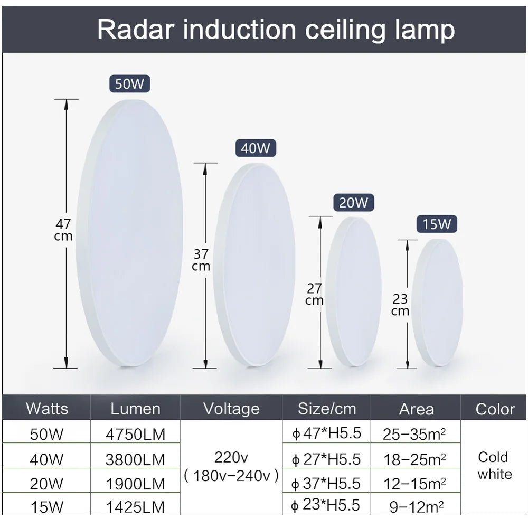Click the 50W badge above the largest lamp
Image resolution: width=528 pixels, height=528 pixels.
[130, 84]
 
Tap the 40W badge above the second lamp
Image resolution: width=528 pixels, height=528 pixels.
[256, 148]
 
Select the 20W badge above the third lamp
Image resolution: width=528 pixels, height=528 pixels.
[353, 203]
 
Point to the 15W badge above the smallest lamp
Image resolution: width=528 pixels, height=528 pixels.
[437, 224]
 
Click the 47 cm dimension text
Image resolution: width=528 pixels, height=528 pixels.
[63, 230]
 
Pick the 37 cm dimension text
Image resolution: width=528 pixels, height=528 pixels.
[201, 260]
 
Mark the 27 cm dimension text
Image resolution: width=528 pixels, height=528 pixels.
[314, 295]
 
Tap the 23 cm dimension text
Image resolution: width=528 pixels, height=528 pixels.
[400, 305]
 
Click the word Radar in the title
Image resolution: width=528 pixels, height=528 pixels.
[136, 30]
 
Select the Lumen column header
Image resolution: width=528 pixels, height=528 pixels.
[135, 408]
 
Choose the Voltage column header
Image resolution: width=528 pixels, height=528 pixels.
[231, 408]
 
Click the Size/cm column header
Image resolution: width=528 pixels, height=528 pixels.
[327, 408]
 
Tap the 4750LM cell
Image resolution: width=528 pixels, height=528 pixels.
[135, 435]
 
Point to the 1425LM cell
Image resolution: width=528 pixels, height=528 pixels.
[135, 507]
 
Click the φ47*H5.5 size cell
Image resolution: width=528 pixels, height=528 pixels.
[327, 434]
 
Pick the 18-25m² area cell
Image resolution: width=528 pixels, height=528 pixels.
[415, 459]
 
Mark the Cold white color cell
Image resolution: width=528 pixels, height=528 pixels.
[494, 465]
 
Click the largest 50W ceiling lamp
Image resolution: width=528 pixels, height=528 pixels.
[130, 232]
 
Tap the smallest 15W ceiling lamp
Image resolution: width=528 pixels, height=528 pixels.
[438, 303]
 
